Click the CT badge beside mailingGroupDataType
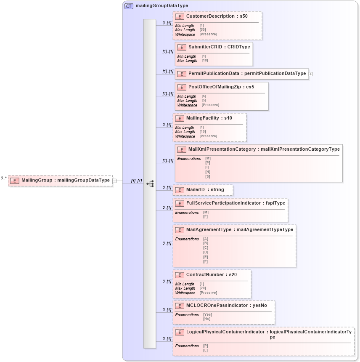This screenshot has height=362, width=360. point(129,6)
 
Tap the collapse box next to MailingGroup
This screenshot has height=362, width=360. point(114,181)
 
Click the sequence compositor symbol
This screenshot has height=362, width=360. point(150,184)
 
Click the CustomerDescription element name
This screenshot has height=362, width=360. point(210,16)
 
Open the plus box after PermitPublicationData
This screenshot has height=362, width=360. point(311,74)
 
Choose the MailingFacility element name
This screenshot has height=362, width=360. point(202,118)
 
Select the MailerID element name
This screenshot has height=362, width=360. point(196,190)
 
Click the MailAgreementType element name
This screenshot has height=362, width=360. point(209,230)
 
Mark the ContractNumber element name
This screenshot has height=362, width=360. point(205,275)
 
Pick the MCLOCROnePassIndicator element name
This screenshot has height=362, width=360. point(217,306)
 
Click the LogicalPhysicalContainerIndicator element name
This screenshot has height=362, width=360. point(225,332)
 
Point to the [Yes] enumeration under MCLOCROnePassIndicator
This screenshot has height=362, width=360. point(207,314)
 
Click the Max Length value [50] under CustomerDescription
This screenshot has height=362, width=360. point(203,30)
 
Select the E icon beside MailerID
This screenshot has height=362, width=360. point(180,190)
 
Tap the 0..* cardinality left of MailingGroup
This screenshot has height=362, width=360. point(3,178)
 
